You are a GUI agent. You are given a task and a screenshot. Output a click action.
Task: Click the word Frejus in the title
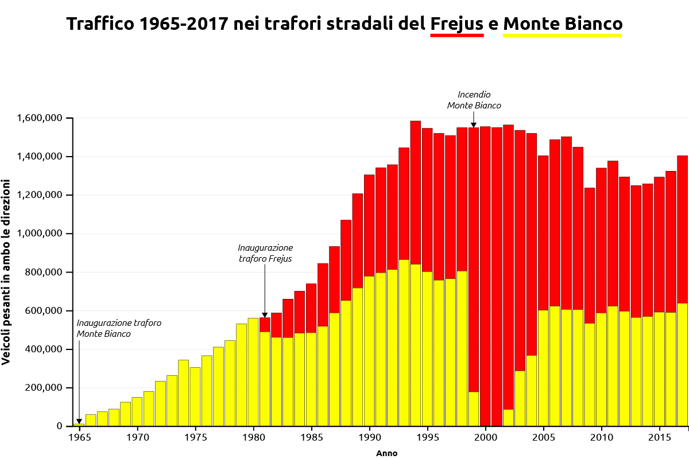(457, 24)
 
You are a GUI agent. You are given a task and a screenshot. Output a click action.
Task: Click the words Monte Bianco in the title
(562, 24)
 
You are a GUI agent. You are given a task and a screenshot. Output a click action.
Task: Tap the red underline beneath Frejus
(457, 36)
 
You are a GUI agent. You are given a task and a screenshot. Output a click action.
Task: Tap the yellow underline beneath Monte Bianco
(562, 36)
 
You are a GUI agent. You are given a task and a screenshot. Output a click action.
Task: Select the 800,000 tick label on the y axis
(45, 273)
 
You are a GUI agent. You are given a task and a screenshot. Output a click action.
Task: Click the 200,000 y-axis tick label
(45, 388)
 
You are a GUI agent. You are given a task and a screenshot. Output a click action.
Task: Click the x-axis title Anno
(386, 453)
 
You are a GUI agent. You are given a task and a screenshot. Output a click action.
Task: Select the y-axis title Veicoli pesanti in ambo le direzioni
(6, 271)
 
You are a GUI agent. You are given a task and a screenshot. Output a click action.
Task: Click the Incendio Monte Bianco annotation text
(474, 100)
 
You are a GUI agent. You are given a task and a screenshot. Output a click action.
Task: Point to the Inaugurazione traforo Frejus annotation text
(265, 253)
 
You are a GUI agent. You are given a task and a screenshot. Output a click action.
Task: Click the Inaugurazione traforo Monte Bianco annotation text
(119, 328)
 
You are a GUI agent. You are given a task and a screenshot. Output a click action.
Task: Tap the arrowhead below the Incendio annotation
(474, 125)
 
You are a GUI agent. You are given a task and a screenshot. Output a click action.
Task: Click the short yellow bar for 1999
(474, 409)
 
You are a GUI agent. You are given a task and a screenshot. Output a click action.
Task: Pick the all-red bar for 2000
(485, 275)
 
